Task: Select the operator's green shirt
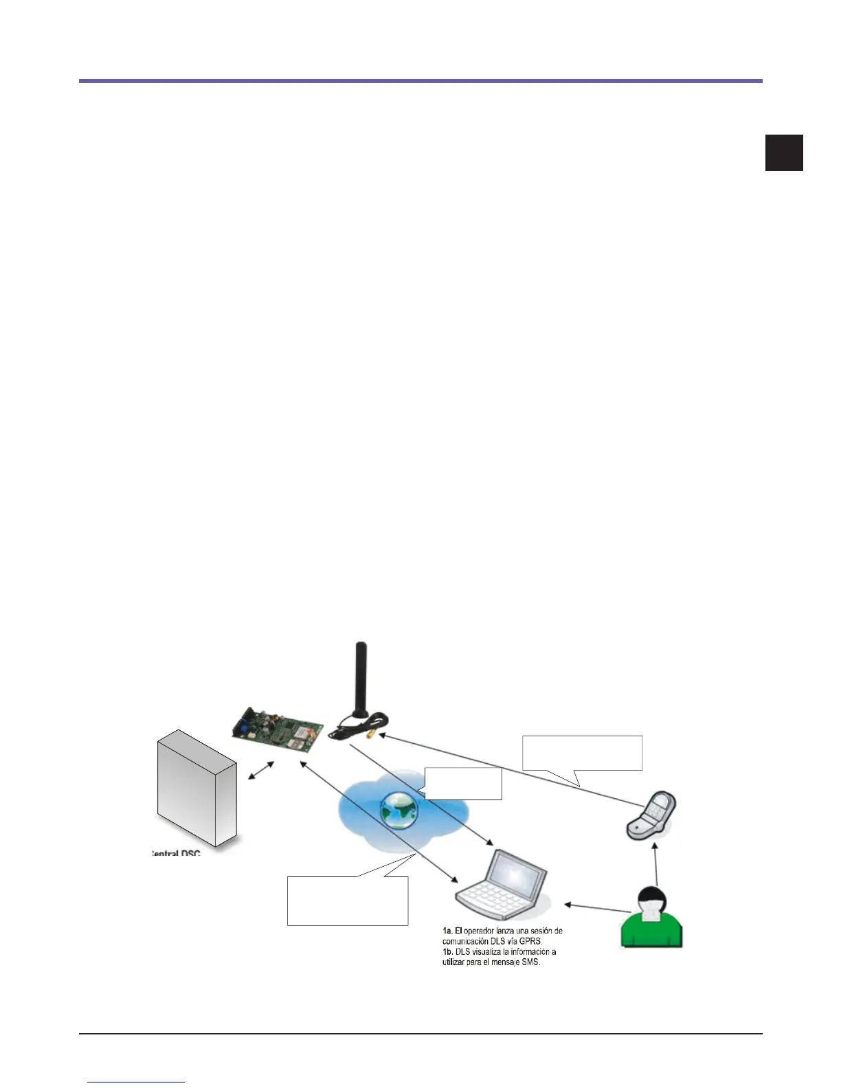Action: [x=651, y=931]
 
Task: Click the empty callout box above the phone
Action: [x=582, y=753]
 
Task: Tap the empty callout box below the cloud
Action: [x=347, y=900]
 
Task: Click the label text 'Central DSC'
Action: [x=176, y=853]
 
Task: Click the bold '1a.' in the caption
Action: [x=447, y=931]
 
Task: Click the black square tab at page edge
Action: [x=784, y=152]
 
